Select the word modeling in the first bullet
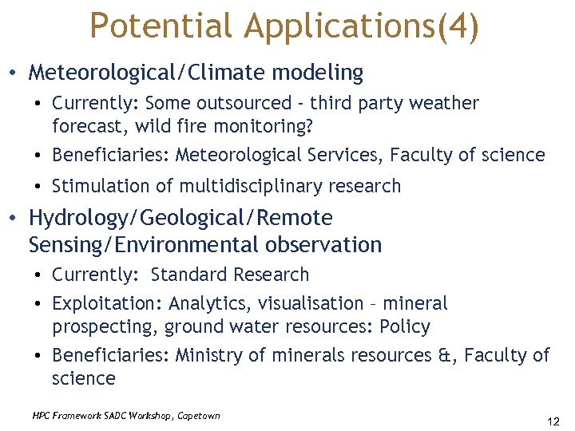318,73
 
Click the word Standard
189,275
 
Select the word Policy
405,326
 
